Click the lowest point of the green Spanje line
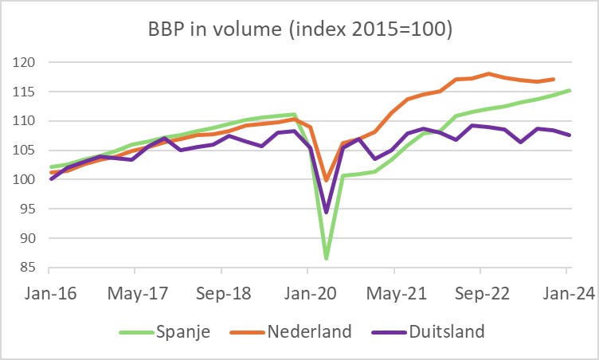tap(327, 258)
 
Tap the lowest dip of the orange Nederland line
tap(327, 180)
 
